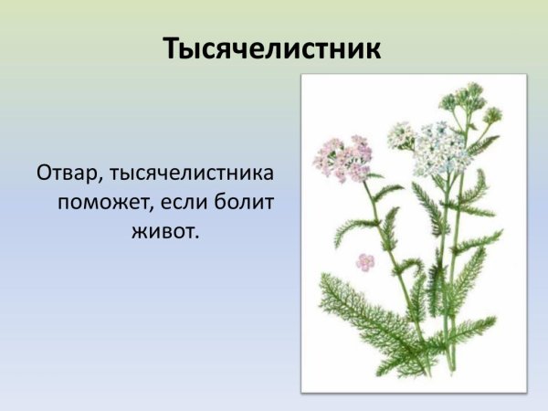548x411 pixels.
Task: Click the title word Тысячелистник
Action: pos(272,49)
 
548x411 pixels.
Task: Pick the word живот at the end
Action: pos(163,231)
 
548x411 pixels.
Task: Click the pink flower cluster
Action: pos(342,157)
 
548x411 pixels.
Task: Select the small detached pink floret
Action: pos(365,262)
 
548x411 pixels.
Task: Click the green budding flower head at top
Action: pos(462,99)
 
